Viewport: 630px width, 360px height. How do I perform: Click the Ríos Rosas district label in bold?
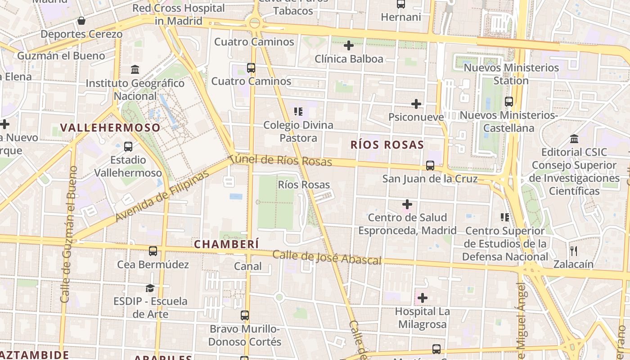[387, 144]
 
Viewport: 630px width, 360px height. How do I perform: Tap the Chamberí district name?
[226, 244]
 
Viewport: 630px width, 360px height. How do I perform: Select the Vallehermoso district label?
[110, 127]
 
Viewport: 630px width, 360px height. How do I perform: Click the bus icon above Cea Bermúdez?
[153, 251]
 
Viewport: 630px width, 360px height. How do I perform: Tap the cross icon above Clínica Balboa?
[349, 45]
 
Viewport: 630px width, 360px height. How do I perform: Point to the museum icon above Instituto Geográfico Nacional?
[135, 70]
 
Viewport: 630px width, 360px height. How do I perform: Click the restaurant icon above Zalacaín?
[573, 251]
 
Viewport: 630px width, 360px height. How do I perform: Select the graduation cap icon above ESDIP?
[150, 288]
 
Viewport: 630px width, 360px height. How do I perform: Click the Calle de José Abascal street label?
[327, 257]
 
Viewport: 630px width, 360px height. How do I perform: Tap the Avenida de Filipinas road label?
[162, 196]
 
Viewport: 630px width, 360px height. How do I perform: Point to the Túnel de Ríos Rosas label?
[280, 160]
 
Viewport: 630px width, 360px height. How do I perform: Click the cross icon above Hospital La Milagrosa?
[422, 297]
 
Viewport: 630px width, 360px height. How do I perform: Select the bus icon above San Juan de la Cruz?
[430, 166]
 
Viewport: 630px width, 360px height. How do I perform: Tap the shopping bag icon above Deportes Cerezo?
[81, 21]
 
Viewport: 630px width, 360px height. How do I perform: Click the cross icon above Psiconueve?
[416, 104]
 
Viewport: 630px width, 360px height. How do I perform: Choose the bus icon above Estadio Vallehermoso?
[128, 146]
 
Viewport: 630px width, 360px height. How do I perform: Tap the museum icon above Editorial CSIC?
[574, 139]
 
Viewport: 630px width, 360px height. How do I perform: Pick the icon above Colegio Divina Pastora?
[298, 111]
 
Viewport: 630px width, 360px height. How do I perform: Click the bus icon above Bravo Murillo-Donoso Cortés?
[245, 315]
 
